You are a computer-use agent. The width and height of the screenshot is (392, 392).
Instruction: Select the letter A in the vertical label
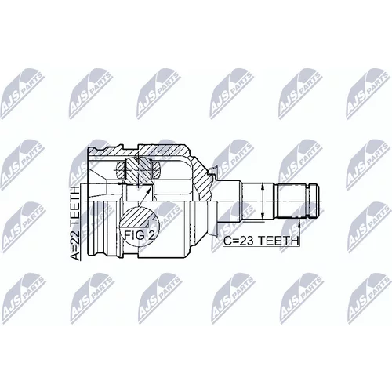coord(75,256)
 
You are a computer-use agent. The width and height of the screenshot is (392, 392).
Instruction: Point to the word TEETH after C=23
coord(278,241)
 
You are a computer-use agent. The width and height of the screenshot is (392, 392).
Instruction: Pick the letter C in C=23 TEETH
coord(227,241)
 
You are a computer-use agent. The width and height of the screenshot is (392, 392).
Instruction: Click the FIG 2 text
coord(139,235)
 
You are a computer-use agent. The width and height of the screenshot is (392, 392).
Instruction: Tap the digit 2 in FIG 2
coord(151,235)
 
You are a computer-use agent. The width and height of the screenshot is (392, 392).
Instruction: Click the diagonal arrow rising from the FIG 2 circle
coord(143,197)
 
